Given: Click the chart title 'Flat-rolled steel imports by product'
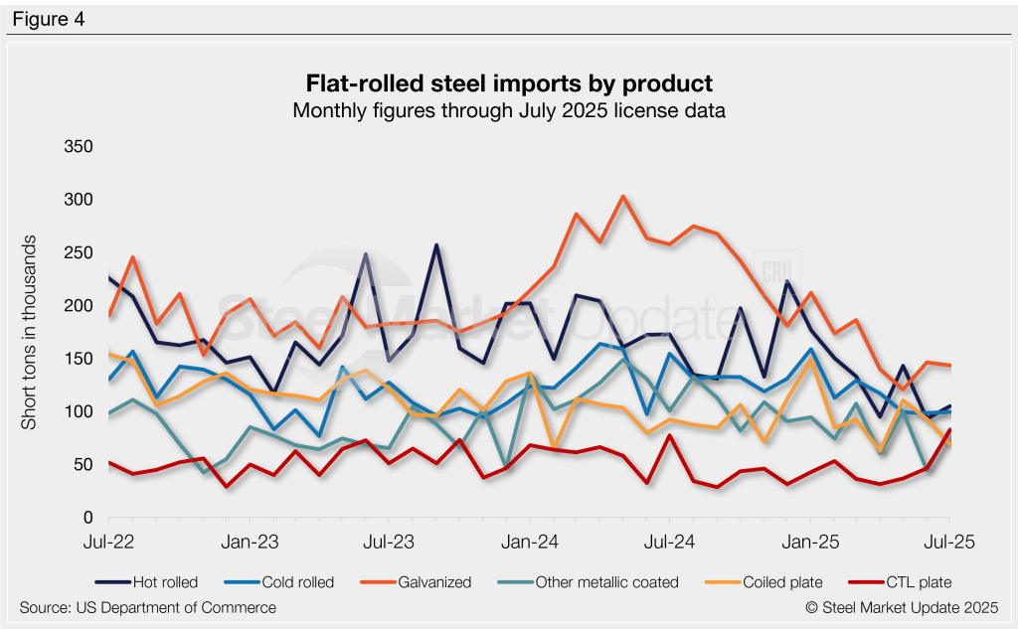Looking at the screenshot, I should tap(508, 81).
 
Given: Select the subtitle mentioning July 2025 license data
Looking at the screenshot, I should tap(508, 110).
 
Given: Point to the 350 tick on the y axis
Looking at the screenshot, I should tap(78, 147).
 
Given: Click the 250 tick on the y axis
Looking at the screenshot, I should tap(78, 253).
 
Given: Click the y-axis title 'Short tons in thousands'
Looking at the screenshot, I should tap(30, 333).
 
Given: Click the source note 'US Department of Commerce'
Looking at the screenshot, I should tap(148, 607).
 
